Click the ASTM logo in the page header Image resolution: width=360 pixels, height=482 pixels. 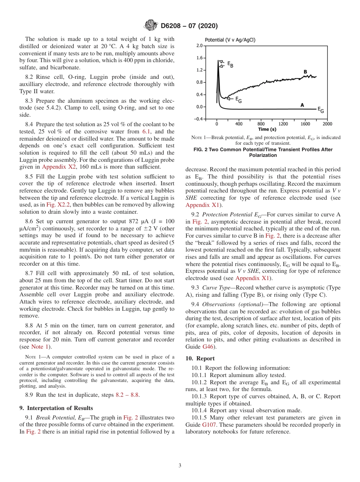tap(151, 26)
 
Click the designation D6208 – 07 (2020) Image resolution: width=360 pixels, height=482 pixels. tap(189, 26)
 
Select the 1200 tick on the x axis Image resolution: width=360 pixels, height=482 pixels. tap(283, 124)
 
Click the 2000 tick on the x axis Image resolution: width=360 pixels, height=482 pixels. tap(327, 124)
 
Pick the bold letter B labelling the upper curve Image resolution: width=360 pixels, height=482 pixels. tap(305, 72)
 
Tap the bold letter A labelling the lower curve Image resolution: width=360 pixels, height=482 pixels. tap(302, 105)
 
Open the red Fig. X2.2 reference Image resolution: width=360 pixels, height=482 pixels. tap(56, 204)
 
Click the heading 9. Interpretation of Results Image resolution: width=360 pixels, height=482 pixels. tap(56, 408)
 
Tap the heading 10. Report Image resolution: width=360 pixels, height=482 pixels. tap(200, 358)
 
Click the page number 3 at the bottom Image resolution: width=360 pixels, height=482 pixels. tap(180, 466)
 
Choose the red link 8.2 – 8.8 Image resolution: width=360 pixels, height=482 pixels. tap(127, 395)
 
